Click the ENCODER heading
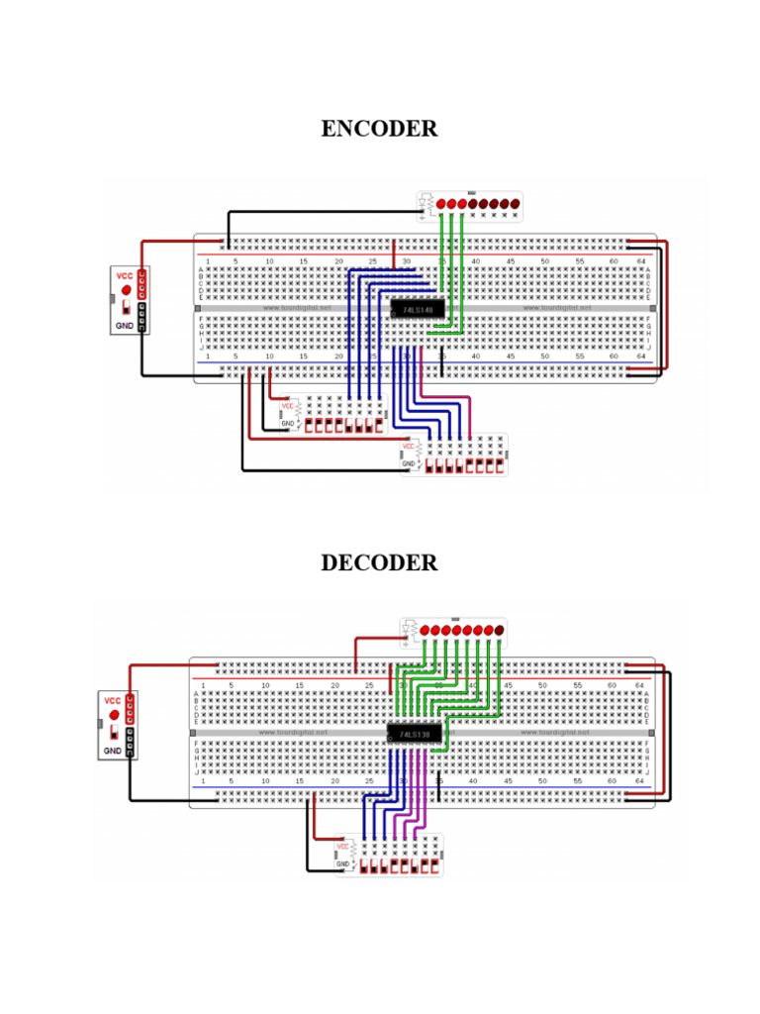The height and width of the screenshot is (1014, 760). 379,129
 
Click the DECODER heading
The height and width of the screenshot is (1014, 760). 379,562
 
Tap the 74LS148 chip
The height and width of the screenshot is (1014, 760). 417,310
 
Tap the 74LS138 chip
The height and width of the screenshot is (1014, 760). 408,734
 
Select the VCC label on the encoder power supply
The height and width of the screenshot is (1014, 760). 125,275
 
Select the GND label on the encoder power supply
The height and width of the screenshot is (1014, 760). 125,324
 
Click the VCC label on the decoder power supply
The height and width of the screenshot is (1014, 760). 112,701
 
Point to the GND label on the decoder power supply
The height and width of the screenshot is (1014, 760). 112,752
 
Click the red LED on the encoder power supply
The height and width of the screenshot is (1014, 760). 127,290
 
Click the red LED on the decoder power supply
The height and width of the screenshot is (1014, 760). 114,715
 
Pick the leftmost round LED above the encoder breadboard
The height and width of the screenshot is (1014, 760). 441,204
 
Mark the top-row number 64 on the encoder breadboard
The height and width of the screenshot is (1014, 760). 641,261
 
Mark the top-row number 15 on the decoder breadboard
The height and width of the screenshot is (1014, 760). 300,685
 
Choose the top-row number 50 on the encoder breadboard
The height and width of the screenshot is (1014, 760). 545,261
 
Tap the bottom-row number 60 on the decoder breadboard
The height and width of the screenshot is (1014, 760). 612,782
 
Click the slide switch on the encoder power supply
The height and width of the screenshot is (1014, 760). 127,308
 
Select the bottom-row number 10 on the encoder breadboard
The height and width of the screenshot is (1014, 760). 269,355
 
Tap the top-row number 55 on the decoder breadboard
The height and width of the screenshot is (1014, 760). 577,685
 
